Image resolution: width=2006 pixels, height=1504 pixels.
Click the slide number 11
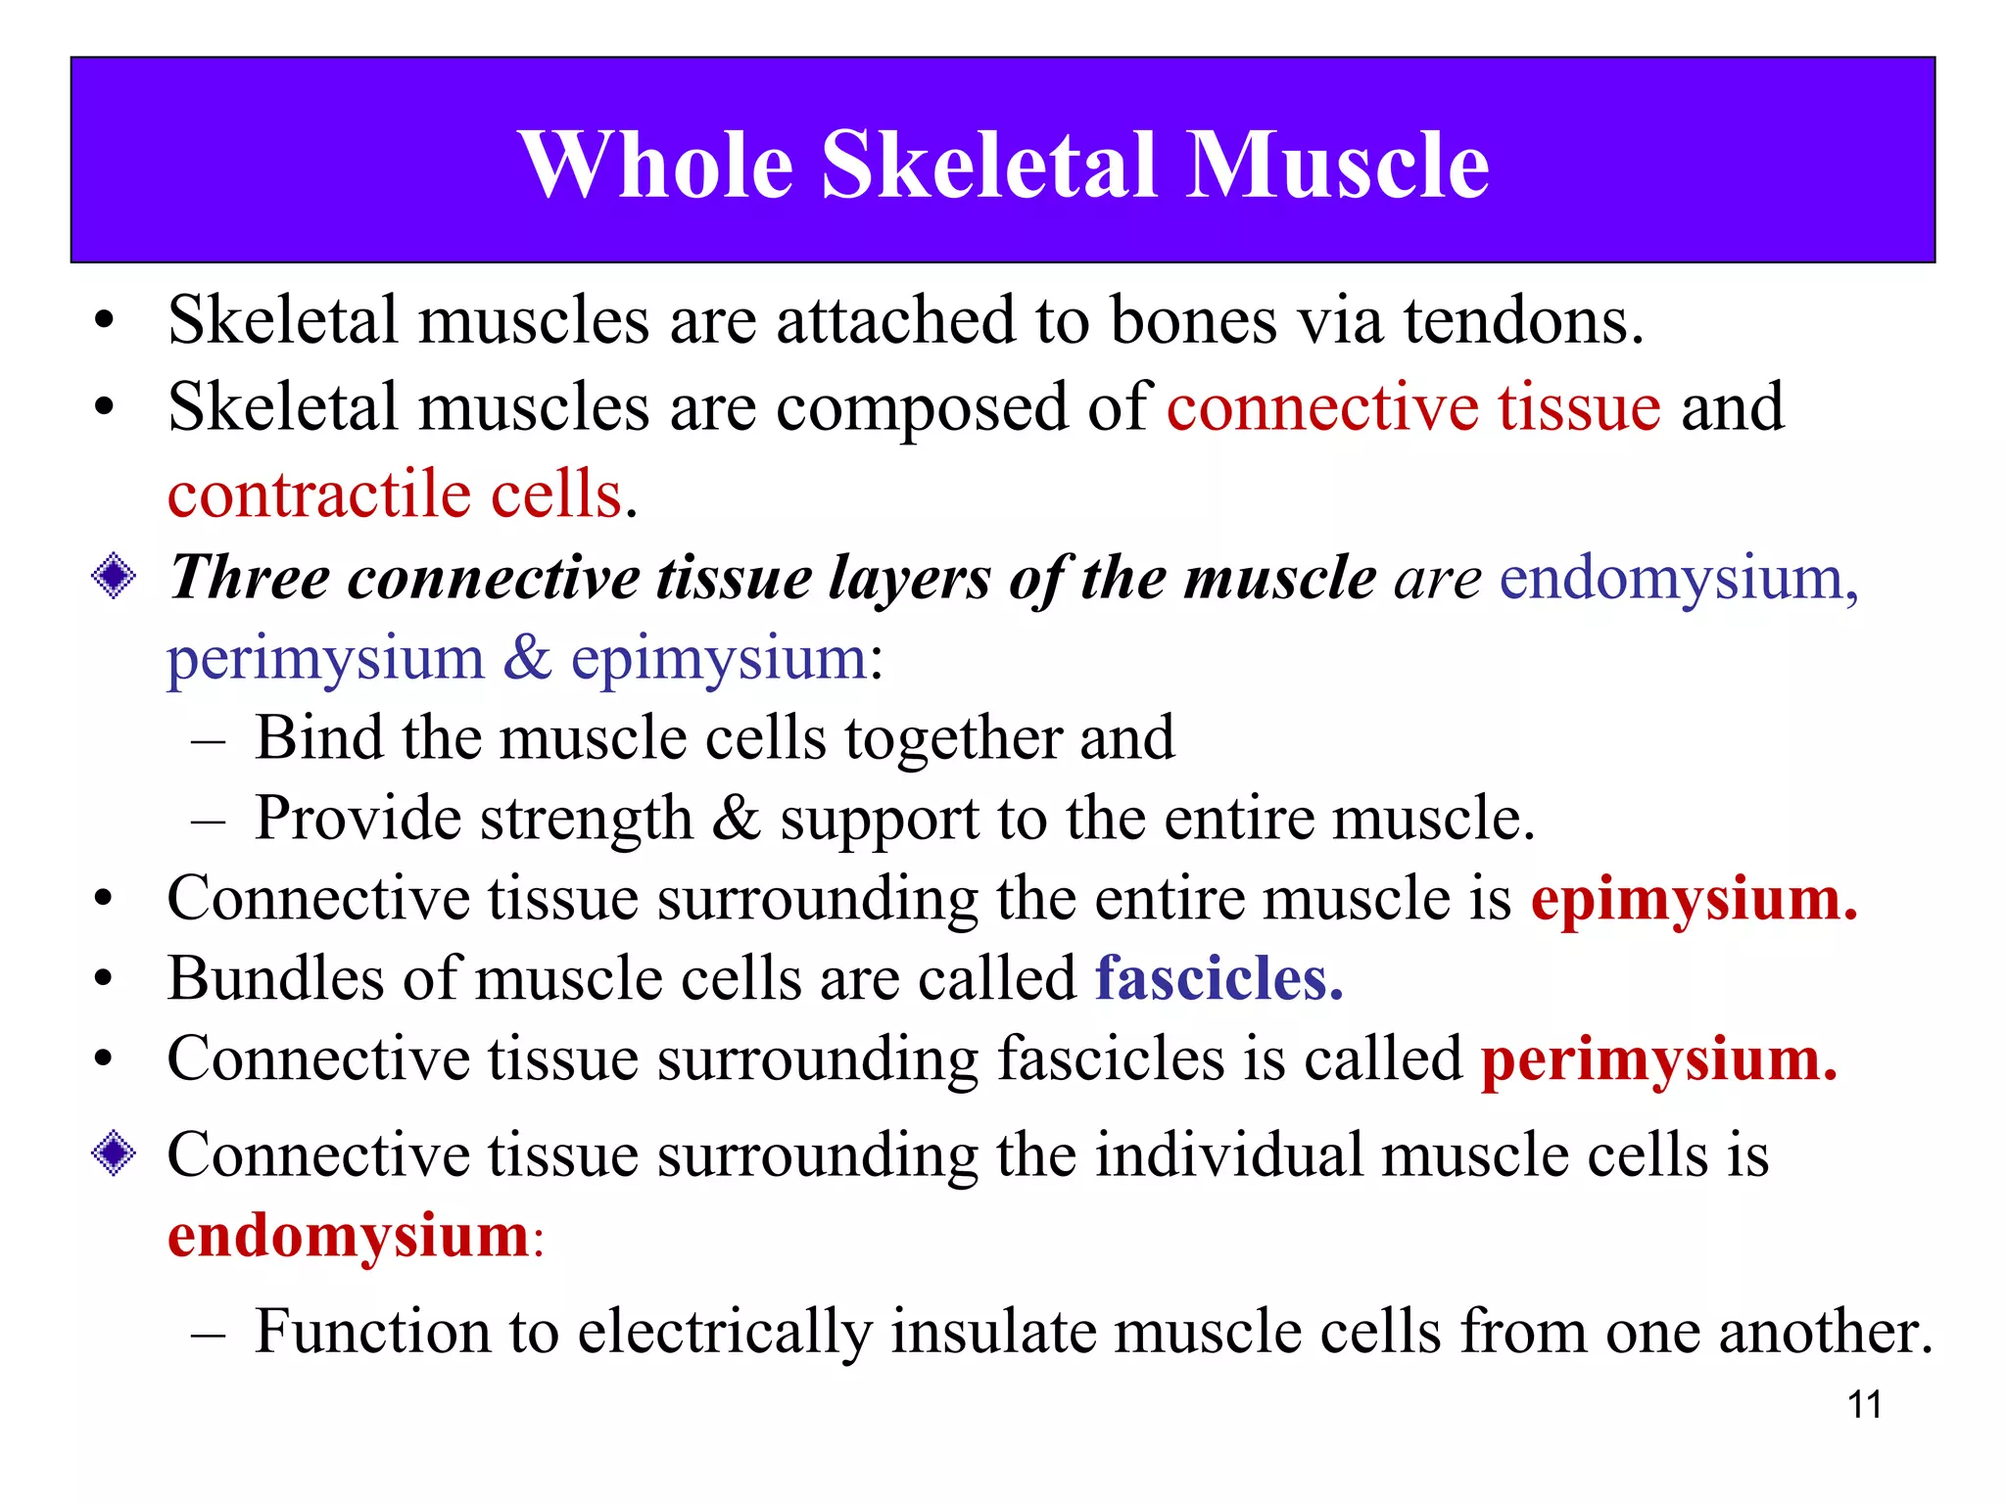click(x=1864, y=1405)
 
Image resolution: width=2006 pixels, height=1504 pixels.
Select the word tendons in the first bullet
click(x=1523, y=321)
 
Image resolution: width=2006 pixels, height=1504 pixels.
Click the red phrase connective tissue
click(x=1413, y=407)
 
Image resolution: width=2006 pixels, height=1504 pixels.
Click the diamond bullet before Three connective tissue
click(x=114, y=576)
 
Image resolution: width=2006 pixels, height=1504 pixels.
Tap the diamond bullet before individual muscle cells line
click(x=114, y=1152)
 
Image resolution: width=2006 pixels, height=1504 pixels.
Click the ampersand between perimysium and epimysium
click(x=528, y=658)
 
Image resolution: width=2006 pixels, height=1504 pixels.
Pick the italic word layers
click(x=909, y=578)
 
